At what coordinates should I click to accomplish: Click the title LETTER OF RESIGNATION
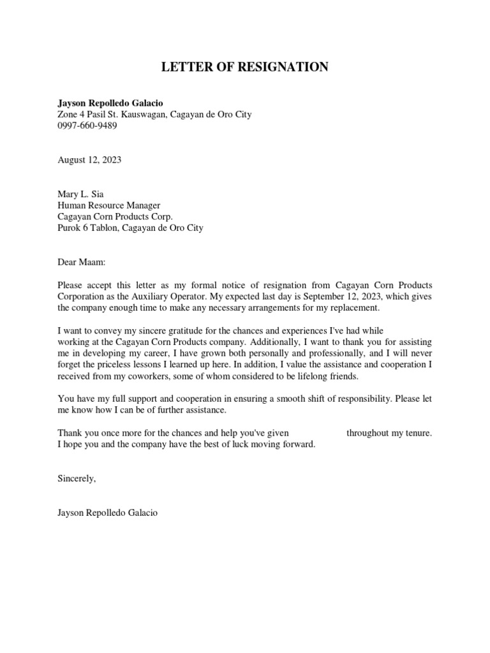[244, 67]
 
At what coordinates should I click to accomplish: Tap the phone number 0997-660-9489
[87, 126]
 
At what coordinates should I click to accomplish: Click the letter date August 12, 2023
[89, 160]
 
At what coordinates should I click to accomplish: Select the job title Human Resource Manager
[109, 205]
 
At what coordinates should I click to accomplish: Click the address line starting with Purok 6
[130, 228]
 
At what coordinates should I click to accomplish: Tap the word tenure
[417, 433]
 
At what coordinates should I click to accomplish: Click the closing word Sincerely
[76, 478]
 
